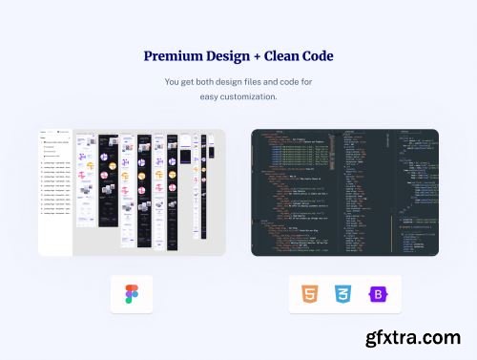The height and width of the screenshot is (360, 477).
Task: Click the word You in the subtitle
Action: point(172,82)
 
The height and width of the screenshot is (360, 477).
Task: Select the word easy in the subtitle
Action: point(209,96)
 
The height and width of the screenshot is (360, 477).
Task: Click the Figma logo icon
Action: point(132,294)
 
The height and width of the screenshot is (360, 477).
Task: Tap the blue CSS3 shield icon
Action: point(344,294)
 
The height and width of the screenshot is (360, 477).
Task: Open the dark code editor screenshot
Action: point(344,192)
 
